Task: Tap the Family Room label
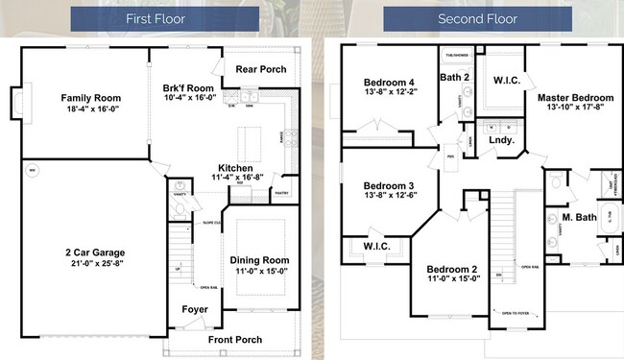(90, 98)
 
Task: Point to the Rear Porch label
(260, 68)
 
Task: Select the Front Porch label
(236, 339)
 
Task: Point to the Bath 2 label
(453, 77)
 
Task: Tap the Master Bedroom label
(575, 98)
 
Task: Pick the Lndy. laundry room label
(502, 140)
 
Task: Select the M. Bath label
(581, 217)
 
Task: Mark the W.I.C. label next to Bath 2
(507, 81)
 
